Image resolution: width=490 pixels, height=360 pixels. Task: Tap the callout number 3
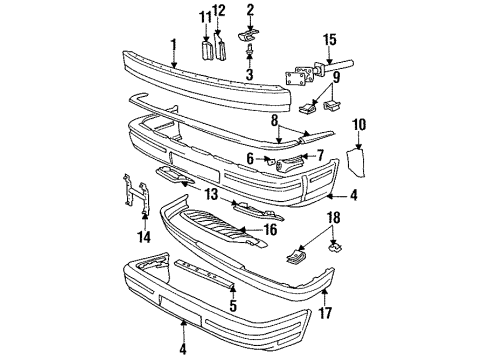tap(251, 74)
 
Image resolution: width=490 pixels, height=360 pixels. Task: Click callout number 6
tap(251, 159)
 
